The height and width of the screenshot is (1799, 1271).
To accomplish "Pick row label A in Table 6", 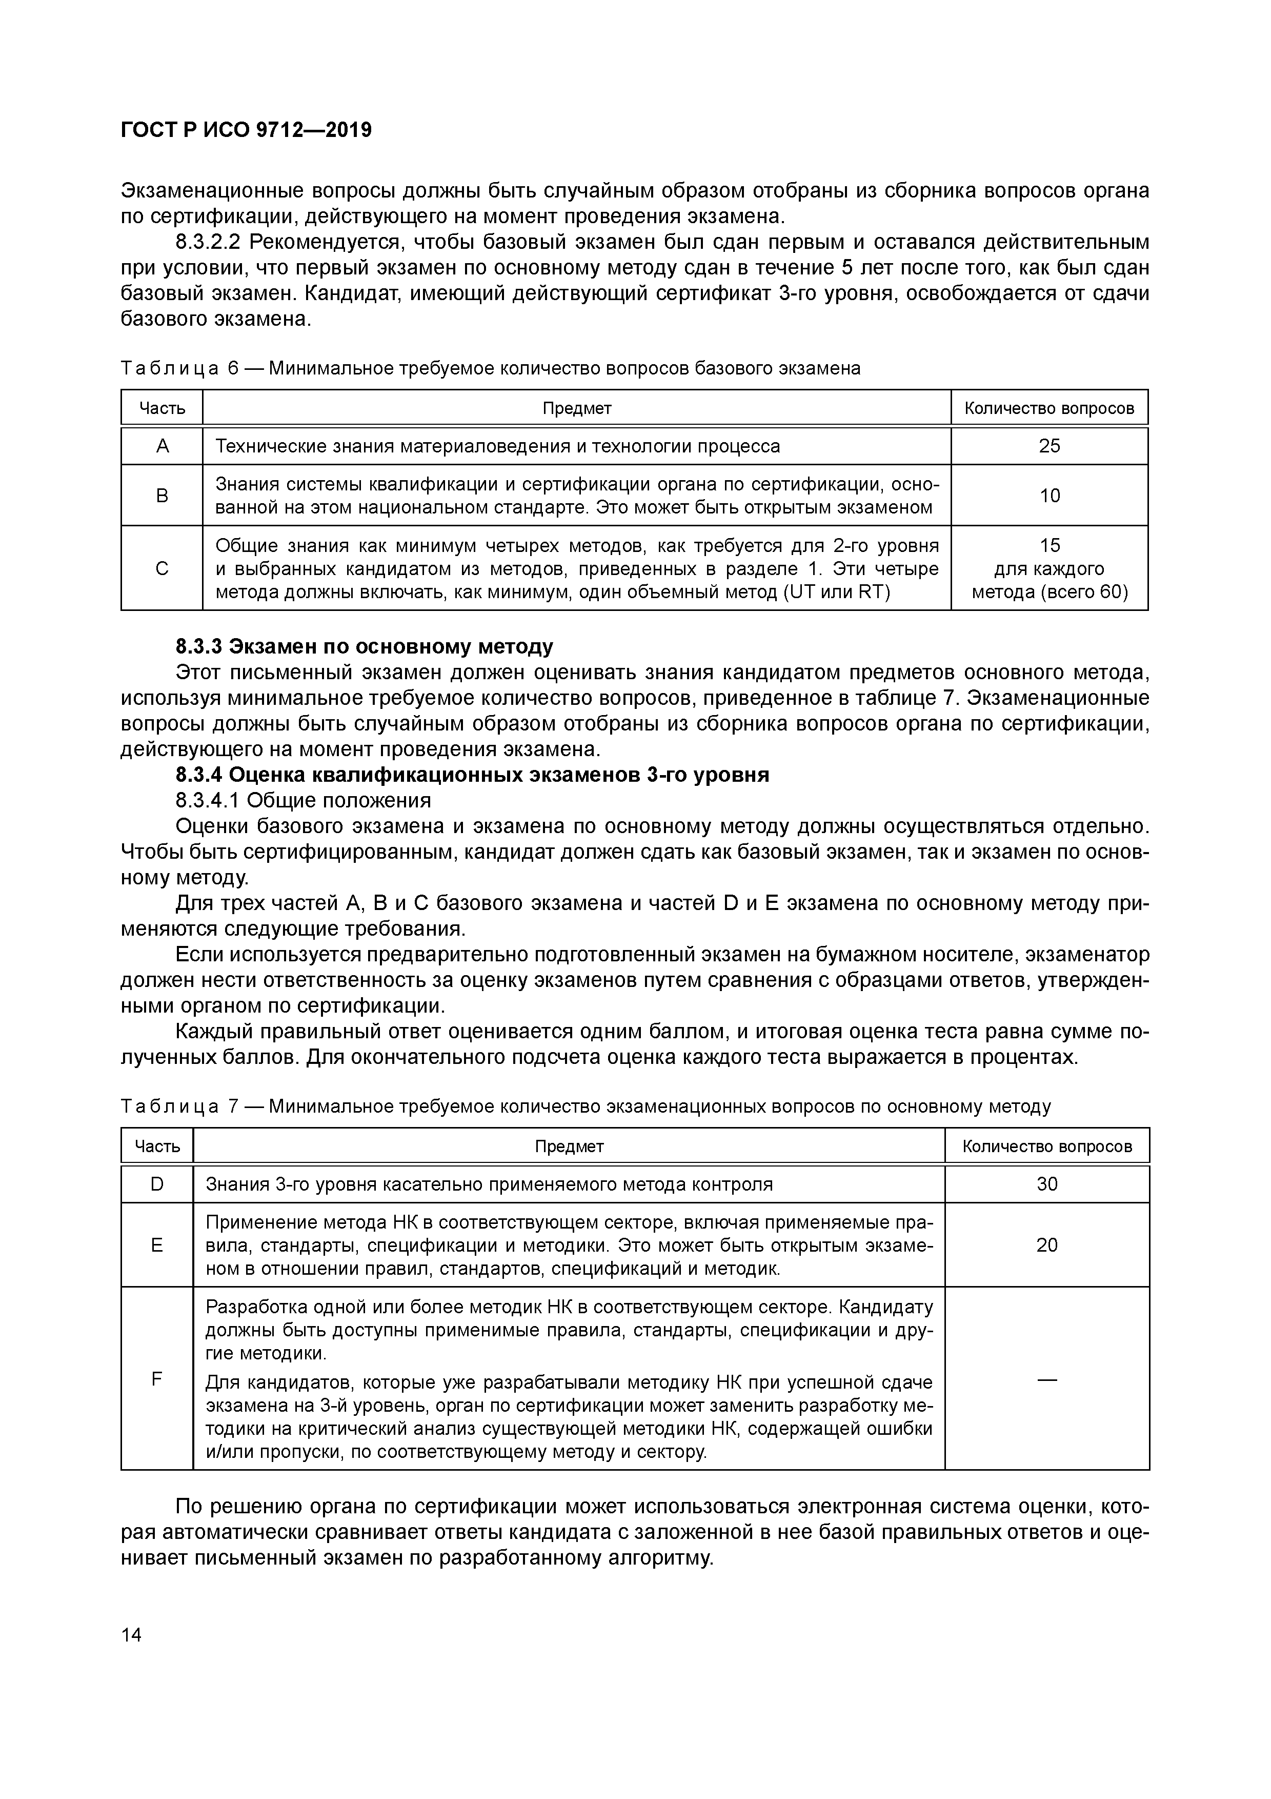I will click(162, 446).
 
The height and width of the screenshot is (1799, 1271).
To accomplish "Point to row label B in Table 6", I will click(162, 495).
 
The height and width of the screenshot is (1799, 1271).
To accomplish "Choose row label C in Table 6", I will click(162, 568).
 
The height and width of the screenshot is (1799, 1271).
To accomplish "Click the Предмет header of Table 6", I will click(576, 408).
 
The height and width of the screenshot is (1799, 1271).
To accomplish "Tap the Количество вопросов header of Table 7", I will click(1046, 1146).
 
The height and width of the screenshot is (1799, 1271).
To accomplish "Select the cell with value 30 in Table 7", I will click(1046, 1184).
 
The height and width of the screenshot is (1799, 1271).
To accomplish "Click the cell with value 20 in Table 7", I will click(1046, 1245).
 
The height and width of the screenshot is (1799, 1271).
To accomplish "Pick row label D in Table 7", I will click(156, 1184).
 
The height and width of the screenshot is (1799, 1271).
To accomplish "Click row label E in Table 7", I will click(156, 1245).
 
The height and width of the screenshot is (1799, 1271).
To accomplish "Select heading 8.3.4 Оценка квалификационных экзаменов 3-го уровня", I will click(472, 775).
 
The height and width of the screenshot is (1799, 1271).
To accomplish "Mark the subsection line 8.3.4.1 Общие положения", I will click(303, 801).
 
